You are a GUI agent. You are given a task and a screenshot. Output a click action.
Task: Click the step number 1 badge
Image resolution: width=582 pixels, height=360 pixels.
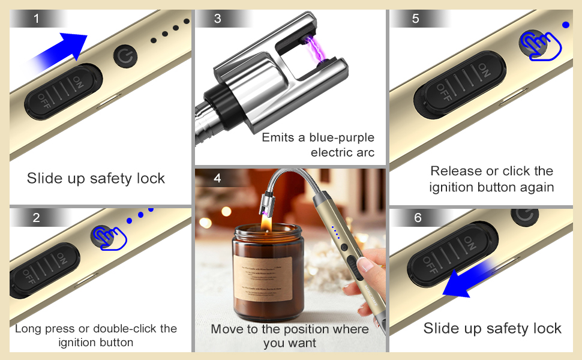(x=37, y=19)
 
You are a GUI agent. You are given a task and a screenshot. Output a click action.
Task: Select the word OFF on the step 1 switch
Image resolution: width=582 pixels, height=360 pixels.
(x=46, y=101)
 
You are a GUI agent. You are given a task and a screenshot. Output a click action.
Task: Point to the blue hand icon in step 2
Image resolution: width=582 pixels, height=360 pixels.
(x=110, y=237)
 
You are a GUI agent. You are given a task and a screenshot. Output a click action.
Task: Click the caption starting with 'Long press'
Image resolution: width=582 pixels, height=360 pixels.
(x=96, y=335)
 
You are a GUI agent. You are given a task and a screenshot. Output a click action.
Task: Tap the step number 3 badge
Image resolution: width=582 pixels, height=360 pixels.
(x=217, y=19)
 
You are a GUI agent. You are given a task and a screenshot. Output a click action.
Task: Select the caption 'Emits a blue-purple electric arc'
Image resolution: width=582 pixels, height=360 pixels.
(x=318, y=145)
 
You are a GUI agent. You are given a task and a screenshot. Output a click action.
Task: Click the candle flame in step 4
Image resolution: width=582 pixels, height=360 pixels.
(x=263, y=221)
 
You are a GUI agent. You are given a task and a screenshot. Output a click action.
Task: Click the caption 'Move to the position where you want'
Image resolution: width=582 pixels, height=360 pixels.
(x=290, y=336)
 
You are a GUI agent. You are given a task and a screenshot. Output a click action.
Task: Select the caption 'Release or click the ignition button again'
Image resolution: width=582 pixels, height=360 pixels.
(x=491, y=179)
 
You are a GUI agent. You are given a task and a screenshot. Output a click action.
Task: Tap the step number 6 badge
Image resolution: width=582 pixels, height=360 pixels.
(x=418, y=218)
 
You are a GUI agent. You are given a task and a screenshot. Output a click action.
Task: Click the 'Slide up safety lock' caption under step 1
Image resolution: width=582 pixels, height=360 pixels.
(x=96, y=178)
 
